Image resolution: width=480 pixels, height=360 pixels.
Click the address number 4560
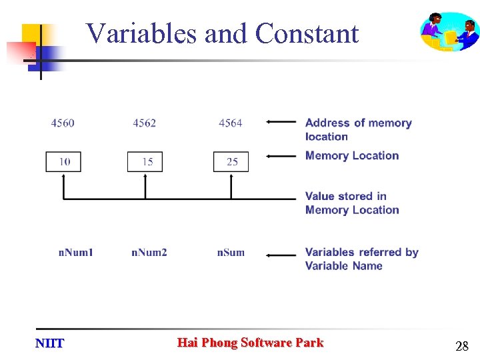63,123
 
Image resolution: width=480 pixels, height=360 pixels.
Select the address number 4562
144,123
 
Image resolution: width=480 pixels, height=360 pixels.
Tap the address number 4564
230,123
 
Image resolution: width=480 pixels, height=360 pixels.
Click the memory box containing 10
63,162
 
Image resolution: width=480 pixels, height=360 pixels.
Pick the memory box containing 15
145,162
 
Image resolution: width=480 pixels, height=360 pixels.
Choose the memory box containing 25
231,162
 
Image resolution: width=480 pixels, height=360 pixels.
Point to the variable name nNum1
76,252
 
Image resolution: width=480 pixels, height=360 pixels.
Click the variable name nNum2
149,252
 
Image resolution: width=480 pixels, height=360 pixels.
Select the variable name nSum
231,252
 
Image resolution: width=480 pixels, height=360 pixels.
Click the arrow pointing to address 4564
281,122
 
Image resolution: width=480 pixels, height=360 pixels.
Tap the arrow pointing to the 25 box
281,157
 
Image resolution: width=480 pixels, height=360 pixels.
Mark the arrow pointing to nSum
281,254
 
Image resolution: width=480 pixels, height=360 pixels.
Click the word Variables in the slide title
143,33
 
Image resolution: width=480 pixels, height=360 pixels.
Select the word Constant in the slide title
307,33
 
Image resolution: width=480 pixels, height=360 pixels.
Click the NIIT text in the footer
49,343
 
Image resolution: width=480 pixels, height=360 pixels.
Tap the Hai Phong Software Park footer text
250,343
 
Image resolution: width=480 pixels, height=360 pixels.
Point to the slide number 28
461,346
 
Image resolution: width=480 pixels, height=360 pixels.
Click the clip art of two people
449,31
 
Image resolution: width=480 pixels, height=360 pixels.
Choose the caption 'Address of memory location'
358,129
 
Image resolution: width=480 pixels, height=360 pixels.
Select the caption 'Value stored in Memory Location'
352,203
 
